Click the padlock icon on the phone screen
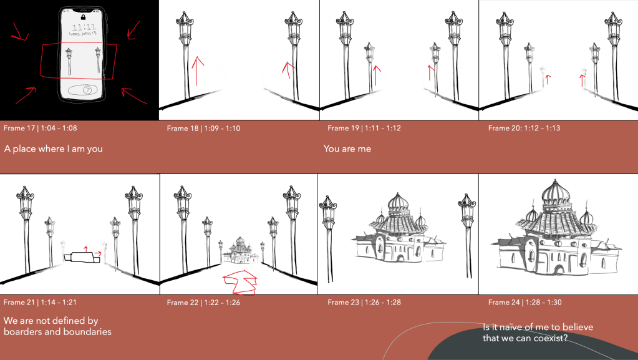(x=84, y=17)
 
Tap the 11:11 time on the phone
(x=84, y=27)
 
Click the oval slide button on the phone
(x=82, y=90)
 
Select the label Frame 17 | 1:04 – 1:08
(x=41, y=128)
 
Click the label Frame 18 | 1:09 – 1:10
(x=203, y=129)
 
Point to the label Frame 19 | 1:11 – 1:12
(x=364, y=128)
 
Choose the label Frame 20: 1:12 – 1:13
(x=524, y=128)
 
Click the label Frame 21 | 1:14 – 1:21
(x=40, y=302)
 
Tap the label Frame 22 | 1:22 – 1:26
(x=203, y=303)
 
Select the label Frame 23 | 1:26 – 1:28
(x=364, y=302)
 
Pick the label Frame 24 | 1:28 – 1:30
(x=525, y=302)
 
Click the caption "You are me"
(x=347, y=148)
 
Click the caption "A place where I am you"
(x=53, y=149)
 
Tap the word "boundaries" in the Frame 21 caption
(x=87, y=331)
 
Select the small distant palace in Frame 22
(x=240, y=252)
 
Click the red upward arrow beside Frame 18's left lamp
(x=197, y=71)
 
